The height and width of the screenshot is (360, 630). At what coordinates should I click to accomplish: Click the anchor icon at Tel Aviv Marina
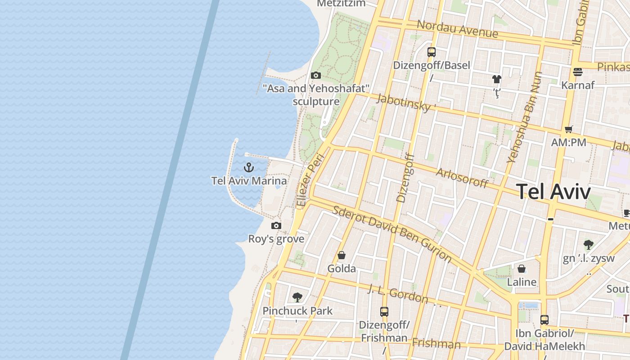(x=249, y=168)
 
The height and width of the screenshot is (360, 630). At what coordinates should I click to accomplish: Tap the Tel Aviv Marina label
(x=249, y=181)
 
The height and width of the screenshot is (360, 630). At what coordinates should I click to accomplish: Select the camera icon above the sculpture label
(x=316, y=75)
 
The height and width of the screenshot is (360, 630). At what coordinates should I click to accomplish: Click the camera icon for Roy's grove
(x=276, y=225)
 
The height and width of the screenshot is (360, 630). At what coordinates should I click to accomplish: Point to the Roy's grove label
(x=276, y=239)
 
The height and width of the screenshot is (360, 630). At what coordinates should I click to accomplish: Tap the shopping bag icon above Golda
(x=342, y=255)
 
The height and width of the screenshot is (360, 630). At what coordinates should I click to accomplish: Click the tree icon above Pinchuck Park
(x=297, y=297)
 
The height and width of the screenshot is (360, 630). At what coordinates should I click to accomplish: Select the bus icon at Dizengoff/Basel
(x=432, y=52)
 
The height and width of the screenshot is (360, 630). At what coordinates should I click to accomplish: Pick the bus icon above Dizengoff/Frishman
(x=384, y=311)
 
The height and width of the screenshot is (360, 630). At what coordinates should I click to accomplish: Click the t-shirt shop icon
(x=496, y=80)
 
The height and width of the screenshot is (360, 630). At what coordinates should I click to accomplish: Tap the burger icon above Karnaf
(x=578, y=72)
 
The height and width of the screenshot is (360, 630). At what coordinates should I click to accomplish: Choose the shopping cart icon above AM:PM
(x=569, y=129)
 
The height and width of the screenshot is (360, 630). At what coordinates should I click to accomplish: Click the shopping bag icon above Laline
(x=522, y=269)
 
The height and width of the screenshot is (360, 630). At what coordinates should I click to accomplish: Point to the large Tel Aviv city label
(x=553, y=192)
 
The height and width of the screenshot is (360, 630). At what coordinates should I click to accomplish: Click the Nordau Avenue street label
(x=458, y=29)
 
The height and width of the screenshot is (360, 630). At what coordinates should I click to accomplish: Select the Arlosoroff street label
(x=462, y=177)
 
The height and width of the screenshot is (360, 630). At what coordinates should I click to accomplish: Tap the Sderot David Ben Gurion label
(x=392, y=234)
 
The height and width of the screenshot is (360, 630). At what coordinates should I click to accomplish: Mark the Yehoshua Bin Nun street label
(x=525, y=117)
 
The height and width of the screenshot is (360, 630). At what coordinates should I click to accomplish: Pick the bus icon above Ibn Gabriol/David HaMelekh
(x=544, y=320)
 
